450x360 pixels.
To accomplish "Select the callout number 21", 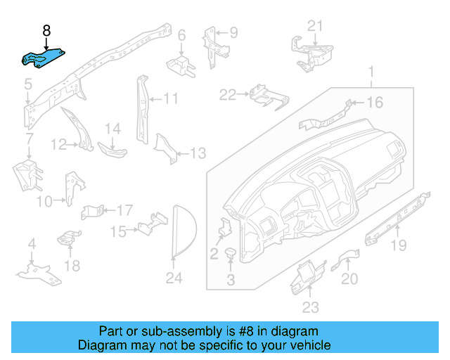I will point(316,26).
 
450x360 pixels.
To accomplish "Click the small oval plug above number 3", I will point(230,252).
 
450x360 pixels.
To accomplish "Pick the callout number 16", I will point(375,103).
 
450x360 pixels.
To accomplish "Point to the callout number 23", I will point(310,307).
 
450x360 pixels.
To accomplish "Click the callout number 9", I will point(233,32).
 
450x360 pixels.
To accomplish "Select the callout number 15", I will point(117,231).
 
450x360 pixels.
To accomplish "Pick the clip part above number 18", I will point(68,239).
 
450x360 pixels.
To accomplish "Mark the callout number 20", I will point(349,278).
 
